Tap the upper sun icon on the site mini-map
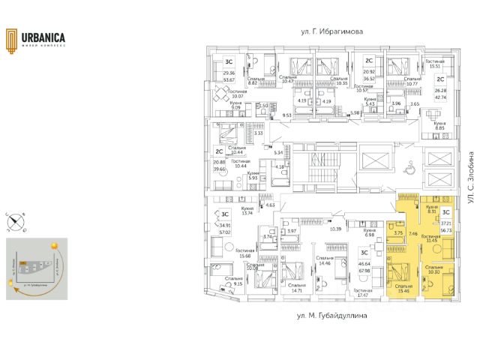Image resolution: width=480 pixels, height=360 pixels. coord(55,245)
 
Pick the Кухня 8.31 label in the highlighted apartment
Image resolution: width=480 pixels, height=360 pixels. coord(431,209)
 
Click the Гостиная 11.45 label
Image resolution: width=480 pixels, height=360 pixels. coord(431,238)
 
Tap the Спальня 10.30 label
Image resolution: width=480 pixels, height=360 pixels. coord(435,268)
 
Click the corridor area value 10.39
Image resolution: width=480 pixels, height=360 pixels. coord(335,228)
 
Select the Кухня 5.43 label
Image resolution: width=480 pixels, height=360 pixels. coord(370,101)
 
